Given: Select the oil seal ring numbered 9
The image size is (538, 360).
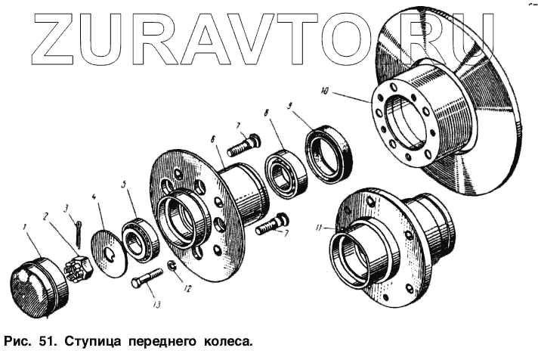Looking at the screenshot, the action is click(x=327, y=157).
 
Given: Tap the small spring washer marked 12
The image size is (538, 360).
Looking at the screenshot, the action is click(x=172, y=266).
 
